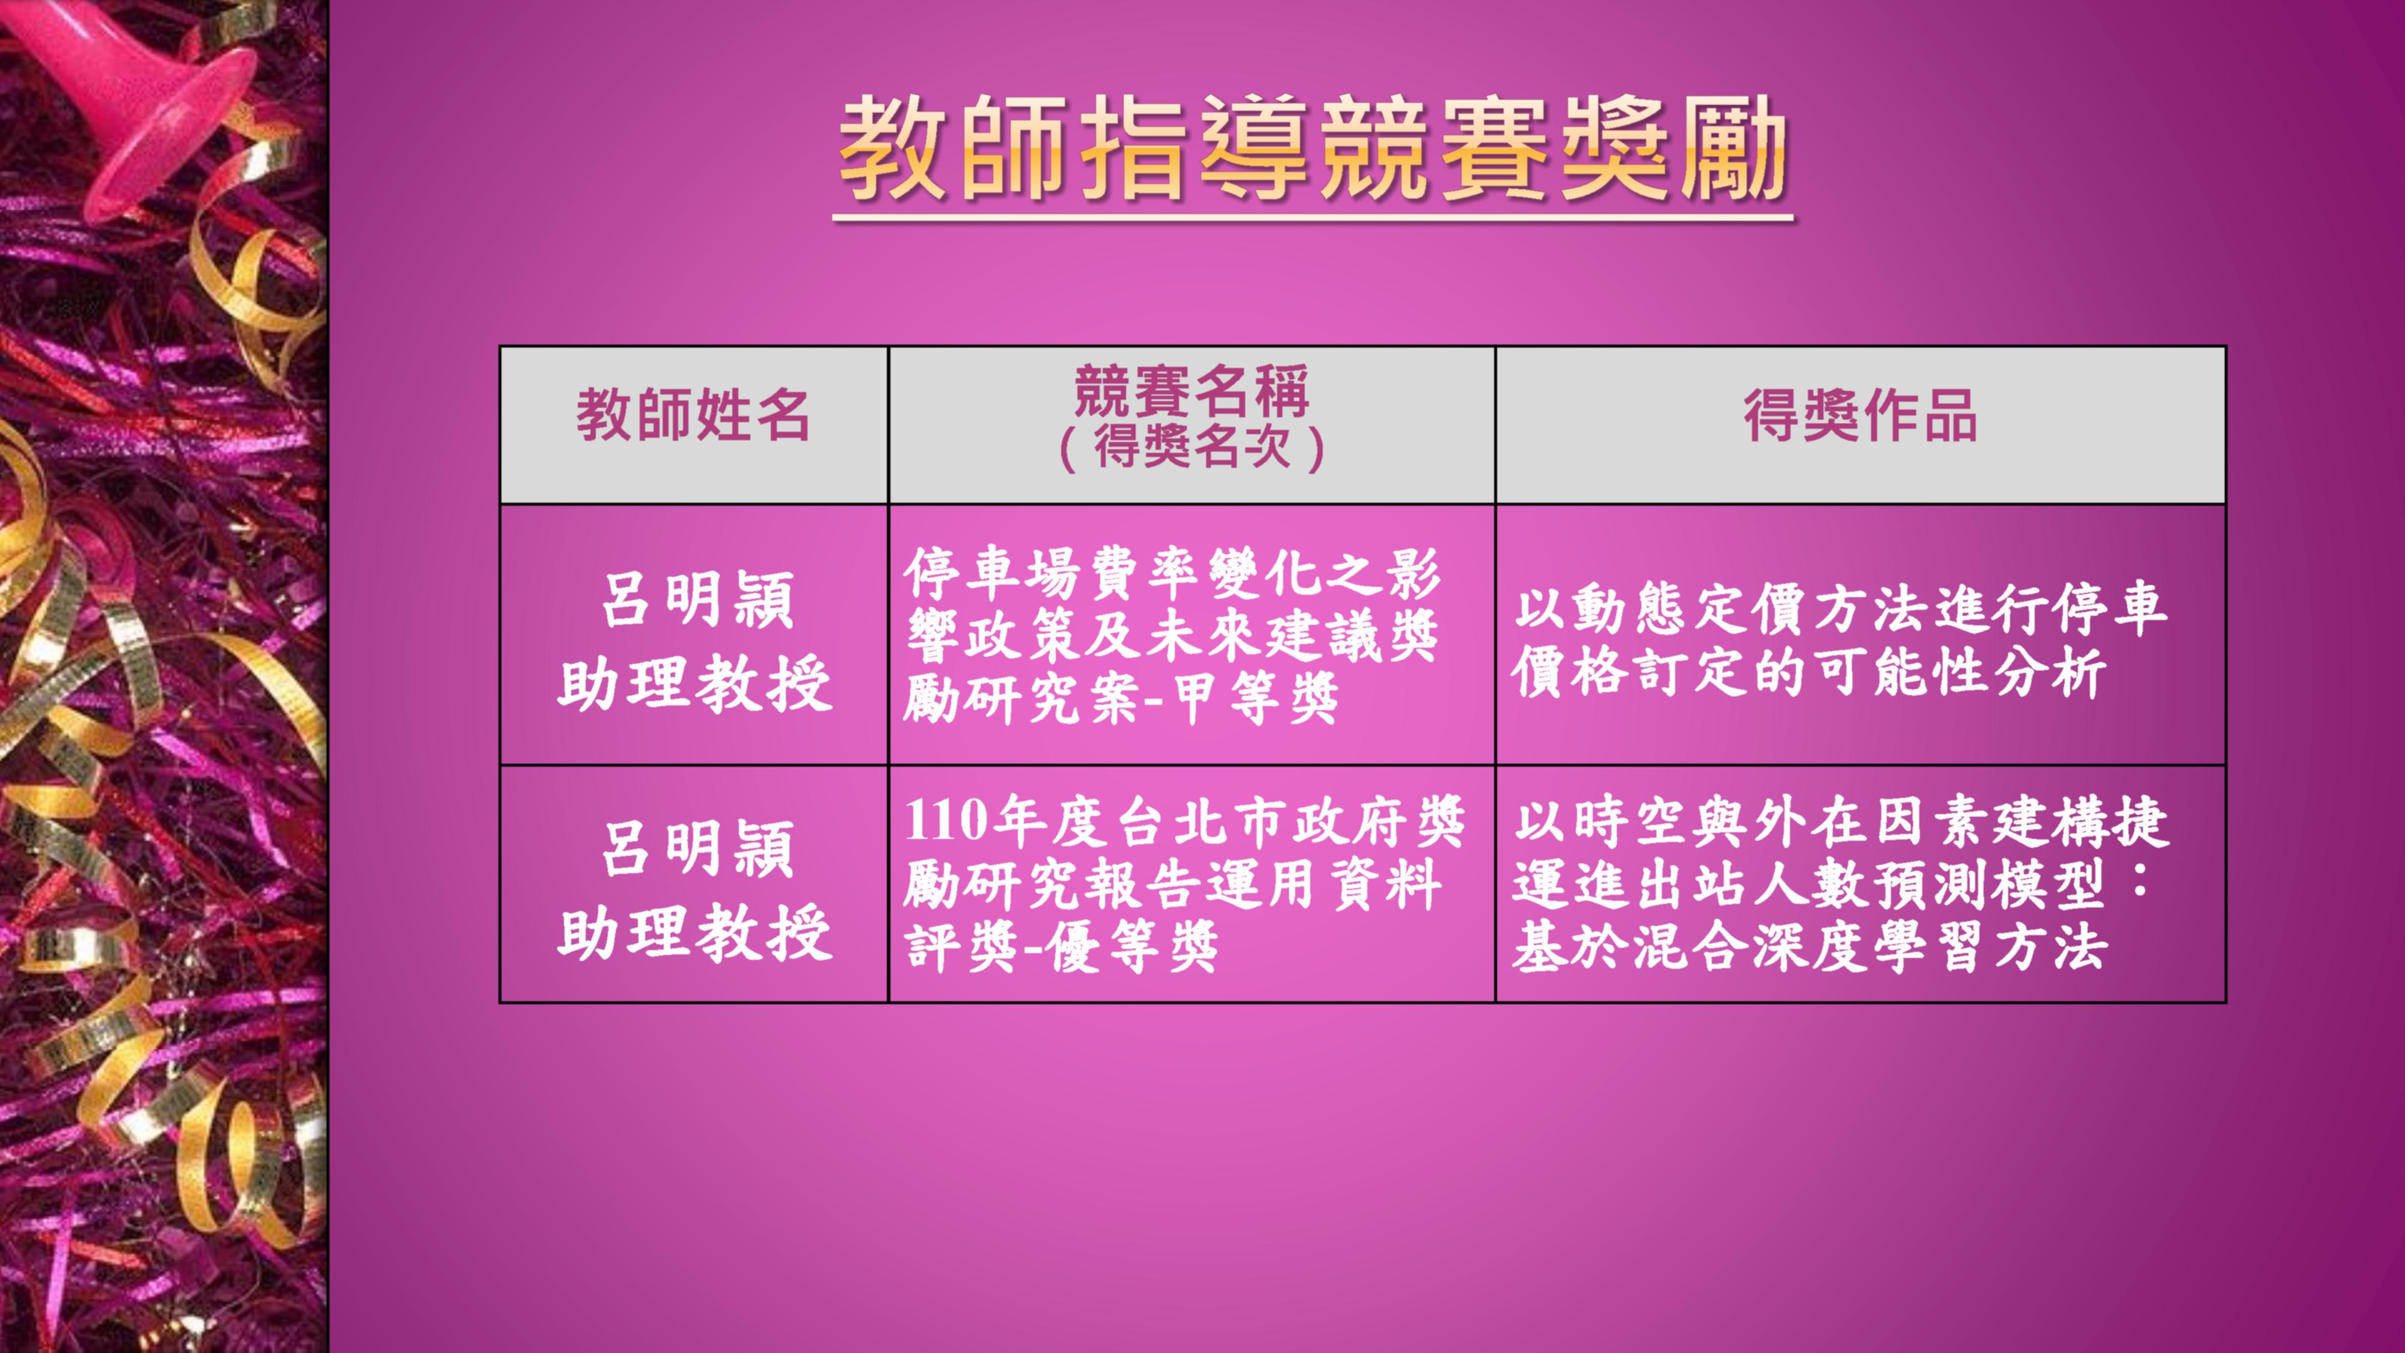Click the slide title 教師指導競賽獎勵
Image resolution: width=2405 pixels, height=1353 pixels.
coord(1313,149)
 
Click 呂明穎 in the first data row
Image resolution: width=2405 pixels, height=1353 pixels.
coord(697,600)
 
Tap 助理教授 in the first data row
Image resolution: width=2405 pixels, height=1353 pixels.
coord(694,684)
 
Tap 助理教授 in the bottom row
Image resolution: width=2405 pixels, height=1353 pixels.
coord(694,932)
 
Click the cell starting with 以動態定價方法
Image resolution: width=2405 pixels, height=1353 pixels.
coord(1839,640)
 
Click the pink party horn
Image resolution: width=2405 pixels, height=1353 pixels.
coord(140,103)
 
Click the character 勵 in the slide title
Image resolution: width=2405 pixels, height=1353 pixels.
coord(1734,149)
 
